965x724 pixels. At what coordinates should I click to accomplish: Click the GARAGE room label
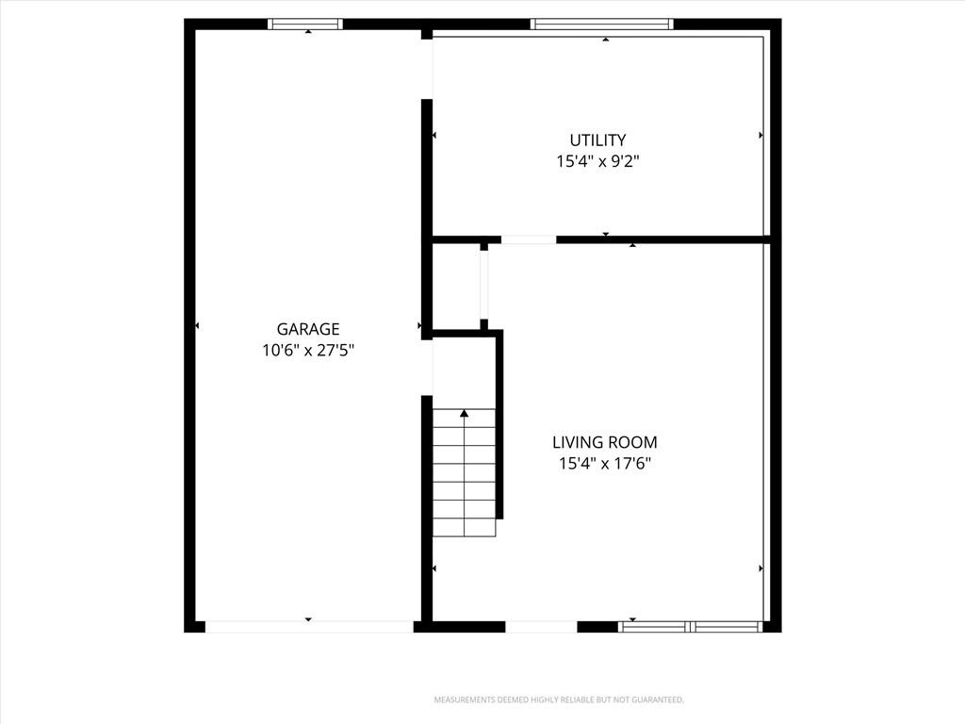pos(308,329)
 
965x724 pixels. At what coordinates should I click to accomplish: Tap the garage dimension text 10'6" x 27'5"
pos(308,351)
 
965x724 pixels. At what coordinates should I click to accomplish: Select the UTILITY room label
pos(597,140)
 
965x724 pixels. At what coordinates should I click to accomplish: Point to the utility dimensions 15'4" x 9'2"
pos(597,161)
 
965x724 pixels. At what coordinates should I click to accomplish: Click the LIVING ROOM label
pos(604,442)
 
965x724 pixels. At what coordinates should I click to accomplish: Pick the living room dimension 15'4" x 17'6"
pos(604,464)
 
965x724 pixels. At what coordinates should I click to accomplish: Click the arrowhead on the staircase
pos(464,414)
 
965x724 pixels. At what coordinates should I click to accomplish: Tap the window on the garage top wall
pos(305,24)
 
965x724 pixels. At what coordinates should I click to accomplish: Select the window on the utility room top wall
pos(602,24)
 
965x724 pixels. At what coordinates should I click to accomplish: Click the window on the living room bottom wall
pos(690,627)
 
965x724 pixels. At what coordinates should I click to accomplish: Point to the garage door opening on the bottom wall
pos(309,627)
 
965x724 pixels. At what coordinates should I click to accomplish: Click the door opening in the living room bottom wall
pos(541,627)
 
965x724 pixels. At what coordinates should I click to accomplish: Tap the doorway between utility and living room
pos(529,239)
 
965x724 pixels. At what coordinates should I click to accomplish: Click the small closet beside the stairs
pos(456,287)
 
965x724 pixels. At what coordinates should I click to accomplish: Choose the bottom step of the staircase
pos(464,528)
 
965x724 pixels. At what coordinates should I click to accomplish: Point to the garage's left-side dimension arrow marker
pos(197,325)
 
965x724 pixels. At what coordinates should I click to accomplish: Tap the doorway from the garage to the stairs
pos(427,368)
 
